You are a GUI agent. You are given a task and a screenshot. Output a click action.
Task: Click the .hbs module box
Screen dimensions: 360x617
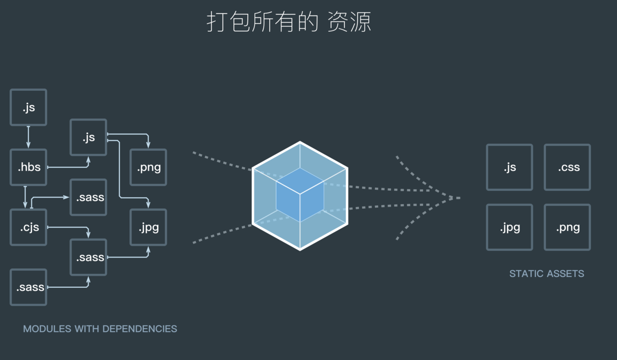pyautogui.click(x=28, y=167)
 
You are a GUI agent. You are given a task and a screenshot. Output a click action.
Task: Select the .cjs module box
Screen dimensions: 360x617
pyautogui.click(x=28, y=228)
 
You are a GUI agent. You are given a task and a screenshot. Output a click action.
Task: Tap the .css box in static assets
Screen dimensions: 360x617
pyautogui.click(x=567, y=167)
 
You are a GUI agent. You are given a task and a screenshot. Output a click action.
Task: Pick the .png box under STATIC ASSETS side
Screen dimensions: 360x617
pyautogui.click(x=567, y=228)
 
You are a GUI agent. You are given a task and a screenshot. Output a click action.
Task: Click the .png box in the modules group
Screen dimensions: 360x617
pyautogui.click(x=148, y=167)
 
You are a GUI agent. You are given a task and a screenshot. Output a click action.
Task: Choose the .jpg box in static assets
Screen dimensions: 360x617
pyautogui.click(x=510, y=228)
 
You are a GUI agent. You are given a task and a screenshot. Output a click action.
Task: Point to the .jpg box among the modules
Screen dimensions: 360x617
pyautogui.click(x=148, y=228)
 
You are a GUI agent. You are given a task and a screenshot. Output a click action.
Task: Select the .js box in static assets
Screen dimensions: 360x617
pyautogui.click(x=510, y=167)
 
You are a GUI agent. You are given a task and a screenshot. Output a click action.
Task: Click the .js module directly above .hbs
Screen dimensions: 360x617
pyautogui.click(x=28, y=107)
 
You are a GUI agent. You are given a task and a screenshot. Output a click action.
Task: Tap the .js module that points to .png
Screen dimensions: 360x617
pyautogui.click(x=88, y=137)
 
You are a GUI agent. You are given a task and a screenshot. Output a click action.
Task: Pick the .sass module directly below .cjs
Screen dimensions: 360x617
pyautogui.click(x=28, y=287)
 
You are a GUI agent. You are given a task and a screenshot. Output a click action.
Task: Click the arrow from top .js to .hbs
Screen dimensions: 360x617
pyautogui.click(x=28, y=137)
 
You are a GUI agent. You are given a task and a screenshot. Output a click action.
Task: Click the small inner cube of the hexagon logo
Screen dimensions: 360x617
pyautogui.click(x=300, y=195)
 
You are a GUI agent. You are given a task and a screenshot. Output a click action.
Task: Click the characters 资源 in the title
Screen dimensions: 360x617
pyautogui.click(x=349, y=22)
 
